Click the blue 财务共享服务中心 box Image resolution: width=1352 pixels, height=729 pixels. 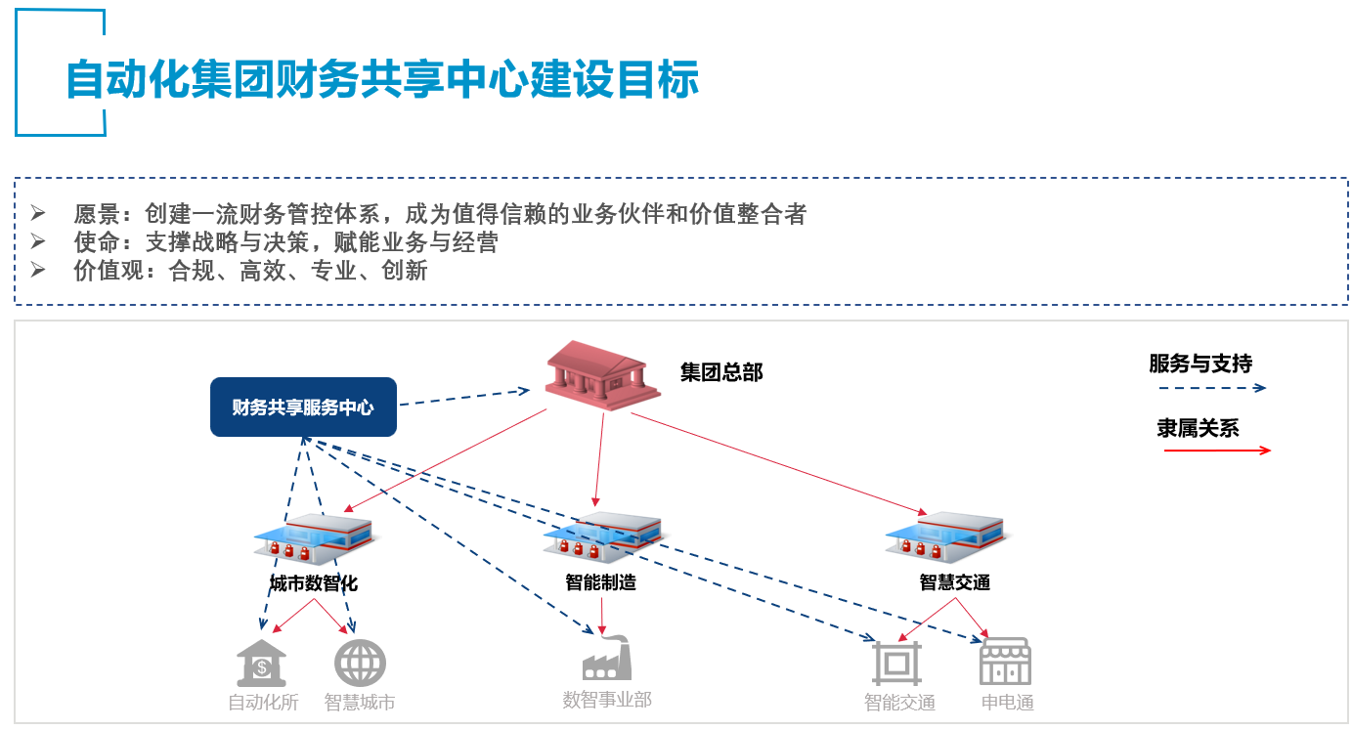coord(303,407)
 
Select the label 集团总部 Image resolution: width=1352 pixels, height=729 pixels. coord(721,372)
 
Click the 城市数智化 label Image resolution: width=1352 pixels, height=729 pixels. coord(314,583)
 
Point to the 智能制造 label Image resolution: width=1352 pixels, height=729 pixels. coord(600,582)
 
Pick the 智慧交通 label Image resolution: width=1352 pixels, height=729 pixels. coord(955,582)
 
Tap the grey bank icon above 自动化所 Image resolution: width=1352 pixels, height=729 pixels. coord(262,663)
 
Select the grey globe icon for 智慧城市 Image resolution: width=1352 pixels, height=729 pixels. coord(360,663)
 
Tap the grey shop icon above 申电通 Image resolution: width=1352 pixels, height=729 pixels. coord(1006,662)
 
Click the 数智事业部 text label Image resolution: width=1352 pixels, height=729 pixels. coord(606,700)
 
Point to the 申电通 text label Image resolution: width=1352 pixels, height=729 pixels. coord(1007,703)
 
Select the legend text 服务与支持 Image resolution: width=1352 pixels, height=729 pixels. coord(1199,364)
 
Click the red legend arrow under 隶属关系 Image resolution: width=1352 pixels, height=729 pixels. coord(1216,450)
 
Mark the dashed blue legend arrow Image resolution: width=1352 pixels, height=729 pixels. coord(1211,388)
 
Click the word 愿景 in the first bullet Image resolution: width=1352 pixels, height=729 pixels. coord(97,214)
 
